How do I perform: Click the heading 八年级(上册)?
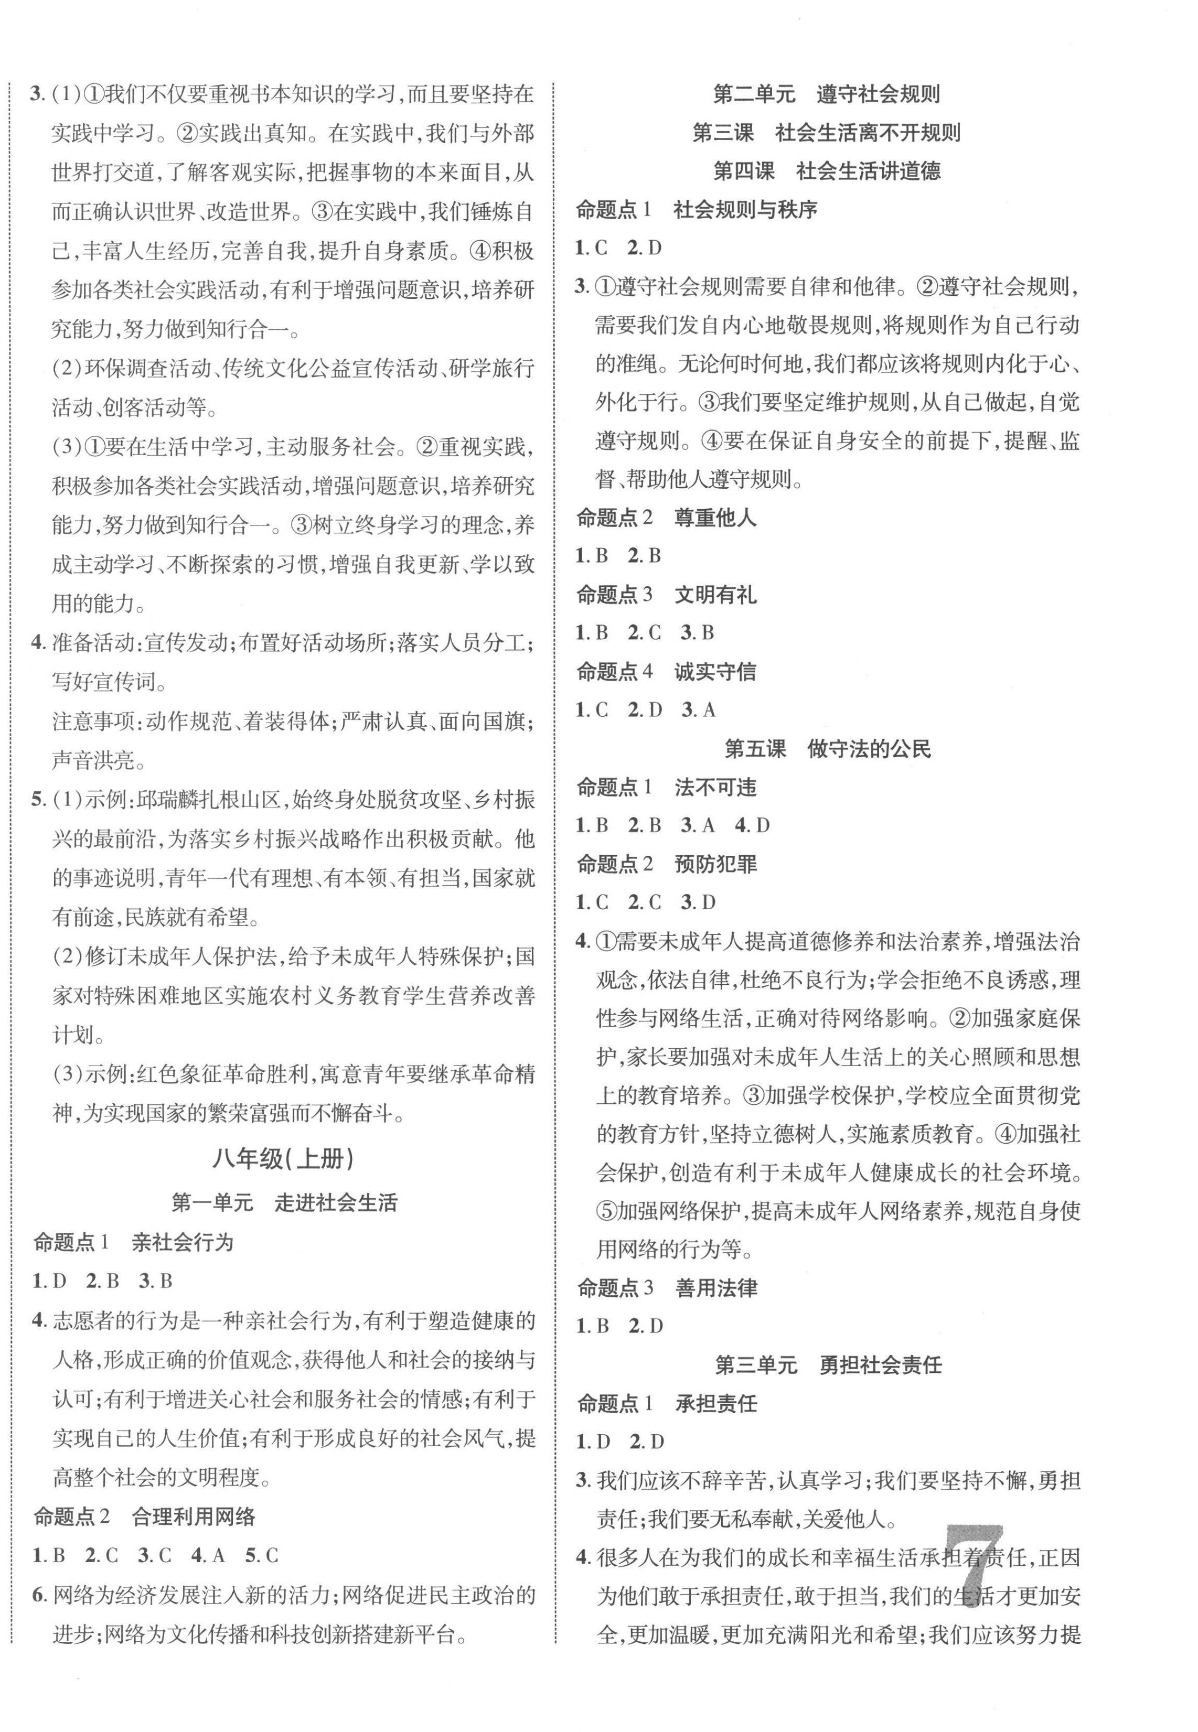click(283, 1159)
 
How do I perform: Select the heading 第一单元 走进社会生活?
click(284, 1203)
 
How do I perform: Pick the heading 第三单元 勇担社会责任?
click(828, 1365)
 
